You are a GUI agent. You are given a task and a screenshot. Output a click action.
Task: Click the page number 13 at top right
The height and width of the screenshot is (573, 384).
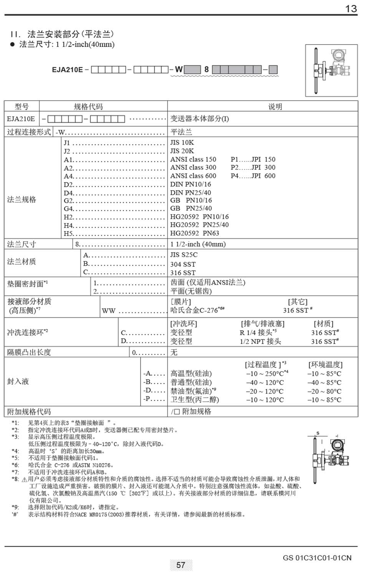(x=351, y=9)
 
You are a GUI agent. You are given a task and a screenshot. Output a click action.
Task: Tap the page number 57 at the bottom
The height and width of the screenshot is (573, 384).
(x=181, y=565)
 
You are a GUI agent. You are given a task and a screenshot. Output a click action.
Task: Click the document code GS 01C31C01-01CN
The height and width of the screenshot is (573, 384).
(x=317, y=558)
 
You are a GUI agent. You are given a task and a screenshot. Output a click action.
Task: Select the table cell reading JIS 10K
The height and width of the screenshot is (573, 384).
(x=182, y=143)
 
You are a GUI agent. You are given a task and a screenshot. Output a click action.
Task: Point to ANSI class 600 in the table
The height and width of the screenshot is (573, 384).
(x=193, y=176)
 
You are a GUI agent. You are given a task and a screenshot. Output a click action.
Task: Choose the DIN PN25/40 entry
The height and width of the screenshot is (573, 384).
(x=190, y=193)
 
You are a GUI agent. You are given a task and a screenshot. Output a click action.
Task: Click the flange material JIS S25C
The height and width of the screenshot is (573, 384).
(x=184, y=255)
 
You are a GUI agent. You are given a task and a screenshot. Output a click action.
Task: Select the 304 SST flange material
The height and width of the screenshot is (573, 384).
(x=183, y=264)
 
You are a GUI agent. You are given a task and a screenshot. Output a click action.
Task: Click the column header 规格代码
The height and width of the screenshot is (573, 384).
(x=88, y=107)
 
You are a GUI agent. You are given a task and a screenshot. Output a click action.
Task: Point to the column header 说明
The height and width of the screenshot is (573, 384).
(x=275, y=107)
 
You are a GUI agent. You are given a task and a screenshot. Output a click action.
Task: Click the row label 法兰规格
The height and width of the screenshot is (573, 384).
(x=22, y=200)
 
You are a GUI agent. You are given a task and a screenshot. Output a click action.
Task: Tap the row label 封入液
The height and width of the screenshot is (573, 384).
(x=18, y=382)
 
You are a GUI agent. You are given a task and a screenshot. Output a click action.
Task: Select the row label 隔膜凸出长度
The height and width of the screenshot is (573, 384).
(x=29, y=352)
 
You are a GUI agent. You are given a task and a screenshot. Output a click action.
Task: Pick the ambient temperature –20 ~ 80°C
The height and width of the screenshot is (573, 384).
(x=324, y=391)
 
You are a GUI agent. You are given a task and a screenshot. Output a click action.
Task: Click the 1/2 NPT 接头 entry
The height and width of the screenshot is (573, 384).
(x=260, y=341)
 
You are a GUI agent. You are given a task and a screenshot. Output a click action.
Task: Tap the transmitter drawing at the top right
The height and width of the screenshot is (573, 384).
(x=331, y=70)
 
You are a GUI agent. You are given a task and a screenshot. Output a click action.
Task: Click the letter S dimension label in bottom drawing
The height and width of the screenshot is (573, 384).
(x=318, y=433)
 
